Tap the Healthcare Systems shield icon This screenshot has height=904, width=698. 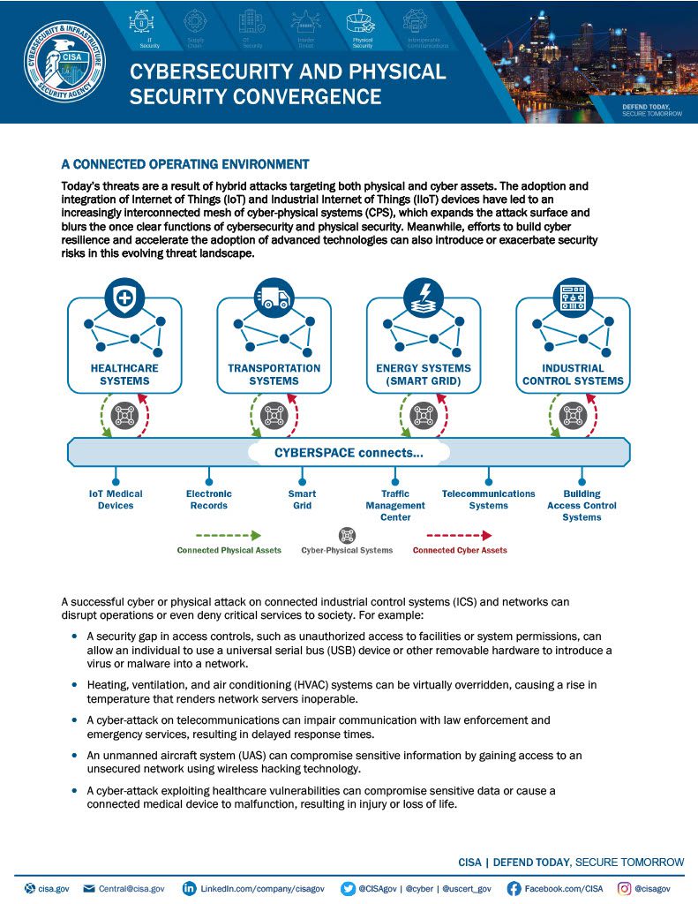pos(124,298)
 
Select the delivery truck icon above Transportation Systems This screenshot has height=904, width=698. pos(274,298)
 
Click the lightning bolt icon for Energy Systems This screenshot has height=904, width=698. pos(424,298)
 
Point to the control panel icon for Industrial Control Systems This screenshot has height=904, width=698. pos(573,298)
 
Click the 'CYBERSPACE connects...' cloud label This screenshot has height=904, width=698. pos(349,453)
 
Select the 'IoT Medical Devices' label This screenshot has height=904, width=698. pos(116,500)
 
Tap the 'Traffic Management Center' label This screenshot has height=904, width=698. pos(395,505)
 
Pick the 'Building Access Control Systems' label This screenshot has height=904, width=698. pos(582,505)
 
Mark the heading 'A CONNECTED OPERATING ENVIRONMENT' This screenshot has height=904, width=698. pos(184,164)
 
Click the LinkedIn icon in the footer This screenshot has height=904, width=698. pos(189,888)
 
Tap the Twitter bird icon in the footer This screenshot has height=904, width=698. pos(349,888)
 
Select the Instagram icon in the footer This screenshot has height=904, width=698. pos(624,888)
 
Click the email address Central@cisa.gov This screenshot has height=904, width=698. pos(131,888)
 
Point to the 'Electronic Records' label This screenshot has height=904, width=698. pos(209,500)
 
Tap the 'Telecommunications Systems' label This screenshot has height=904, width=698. pos(488,500)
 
